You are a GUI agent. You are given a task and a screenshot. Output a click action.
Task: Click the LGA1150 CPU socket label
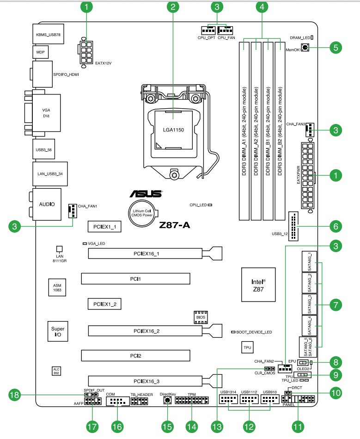pos(173,130)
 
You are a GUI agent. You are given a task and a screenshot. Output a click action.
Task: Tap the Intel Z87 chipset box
pos(258,284)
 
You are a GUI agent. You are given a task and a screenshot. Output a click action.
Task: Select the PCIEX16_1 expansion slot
pos(146,254)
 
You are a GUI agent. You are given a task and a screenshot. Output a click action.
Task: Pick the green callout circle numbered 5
pos(336,47)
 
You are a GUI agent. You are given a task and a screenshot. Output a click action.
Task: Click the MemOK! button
pos(305,48)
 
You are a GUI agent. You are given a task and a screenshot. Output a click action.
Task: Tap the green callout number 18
pos(16,395)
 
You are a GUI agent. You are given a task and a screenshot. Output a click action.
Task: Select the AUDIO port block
pos(47,204)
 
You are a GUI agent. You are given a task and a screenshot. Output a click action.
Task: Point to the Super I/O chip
pos(57,330)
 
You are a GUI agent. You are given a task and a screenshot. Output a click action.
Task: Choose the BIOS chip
pos(200,318)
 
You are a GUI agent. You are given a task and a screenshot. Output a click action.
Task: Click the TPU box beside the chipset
pos(248,347)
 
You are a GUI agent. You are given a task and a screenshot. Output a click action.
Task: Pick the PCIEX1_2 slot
pos(104,304)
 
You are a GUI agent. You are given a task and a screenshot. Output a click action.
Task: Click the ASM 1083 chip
pos(57,287)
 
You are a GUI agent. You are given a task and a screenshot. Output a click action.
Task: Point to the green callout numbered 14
pos(191,425)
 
